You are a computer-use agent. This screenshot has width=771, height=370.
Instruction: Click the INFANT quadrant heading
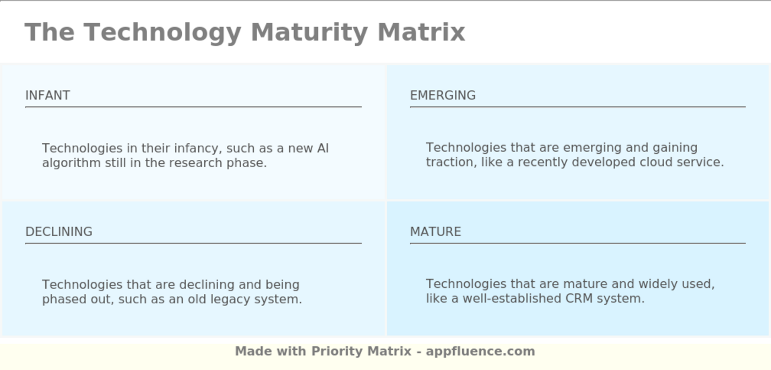[48, 95]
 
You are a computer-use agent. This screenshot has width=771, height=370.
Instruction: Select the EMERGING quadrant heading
[443, 95]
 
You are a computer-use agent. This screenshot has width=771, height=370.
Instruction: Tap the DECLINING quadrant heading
[59, 232]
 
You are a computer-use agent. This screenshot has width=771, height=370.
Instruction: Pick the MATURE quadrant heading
[436, 232]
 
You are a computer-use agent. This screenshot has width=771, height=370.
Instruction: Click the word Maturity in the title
[310, 33]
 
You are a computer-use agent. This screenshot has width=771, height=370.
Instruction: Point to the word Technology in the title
[162, 33]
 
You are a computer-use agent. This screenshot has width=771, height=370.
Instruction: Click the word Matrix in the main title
[421, 33]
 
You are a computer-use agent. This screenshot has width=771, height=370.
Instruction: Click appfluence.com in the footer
[480, 352]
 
